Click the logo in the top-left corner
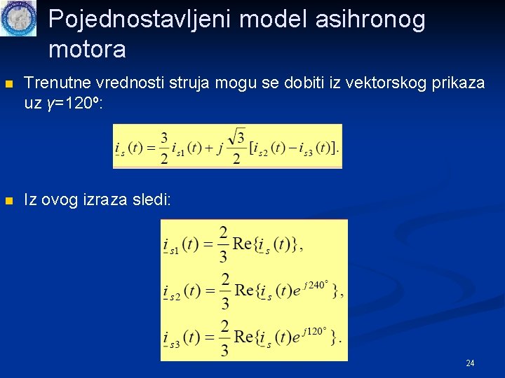coord(18,18)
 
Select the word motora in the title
coord(88,50)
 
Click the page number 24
coord(470,363)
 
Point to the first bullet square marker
coord(8,83)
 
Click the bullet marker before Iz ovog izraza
coord(8,201)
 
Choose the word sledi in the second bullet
coord(152,200)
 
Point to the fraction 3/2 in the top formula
coord(163,148)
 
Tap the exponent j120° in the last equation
coord(315,330)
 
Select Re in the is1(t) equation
coord(242,244)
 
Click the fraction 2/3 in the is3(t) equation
coord(224,337)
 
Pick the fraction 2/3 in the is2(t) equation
coord(224,290)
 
